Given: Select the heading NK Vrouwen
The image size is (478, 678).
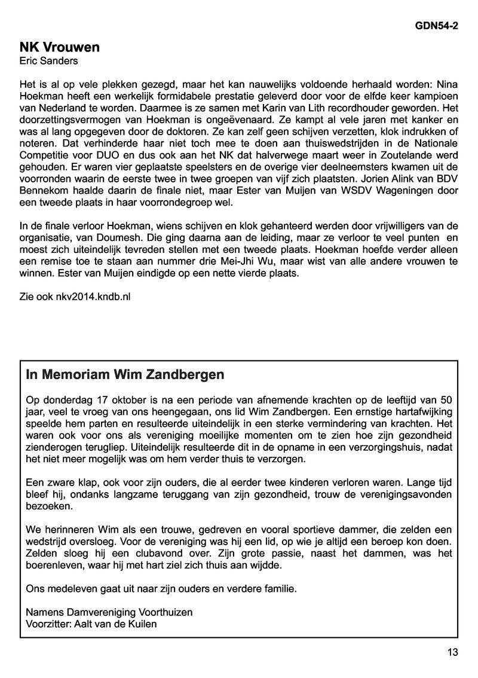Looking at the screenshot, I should pos(59,47).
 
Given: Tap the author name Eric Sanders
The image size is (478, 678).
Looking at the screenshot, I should pos(48,60).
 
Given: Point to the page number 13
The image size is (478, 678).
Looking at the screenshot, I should pos(452,652).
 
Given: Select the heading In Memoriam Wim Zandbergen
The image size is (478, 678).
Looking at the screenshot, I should pos(125,375).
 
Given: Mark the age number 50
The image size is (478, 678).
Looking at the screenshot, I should pos(452,399).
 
